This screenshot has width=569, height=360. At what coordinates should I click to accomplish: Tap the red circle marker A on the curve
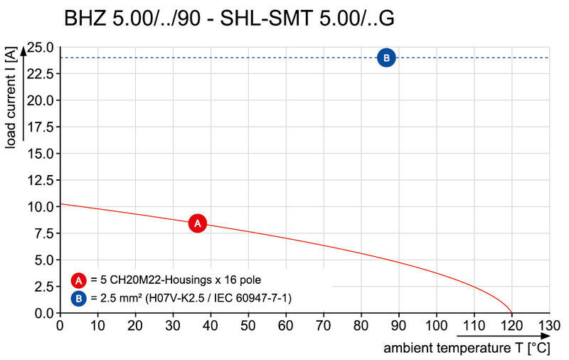click(x=198, y=223)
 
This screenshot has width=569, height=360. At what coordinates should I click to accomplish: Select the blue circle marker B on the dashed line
click(x=386, y=58)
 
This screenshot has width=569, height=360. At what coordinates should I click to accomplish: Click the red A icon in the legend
click(x=78, y=280)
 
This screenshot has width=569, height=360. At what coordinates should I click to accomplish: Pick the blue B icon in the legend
click(x=78, y=297)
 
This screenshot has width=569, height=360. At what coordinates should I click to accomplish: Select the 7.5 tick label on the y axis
click(x=45, y=233)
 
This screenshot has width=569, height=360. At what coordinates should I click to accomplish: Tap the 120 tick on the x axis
click(x=511, y=326)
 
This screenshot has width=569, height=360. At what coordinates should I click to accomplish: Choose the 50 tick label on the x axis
click(x=248, y=326)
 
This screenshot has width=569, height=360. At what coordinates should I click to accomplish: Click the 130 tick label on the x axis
click(x=549, y=326)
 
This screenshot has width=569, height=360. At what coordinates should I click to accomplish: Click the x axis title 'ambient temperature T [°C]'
click(x=467, y=349)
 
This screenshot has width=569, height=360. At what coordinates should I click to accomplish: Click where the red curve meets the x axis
click(x=511, y=312)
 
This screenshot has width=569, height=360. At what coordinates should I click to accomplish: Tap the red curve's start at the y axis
click(x=60, y=204)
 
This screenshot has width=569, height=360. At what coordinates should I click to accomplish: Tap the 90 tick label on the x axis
click(x=398, y=326)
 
